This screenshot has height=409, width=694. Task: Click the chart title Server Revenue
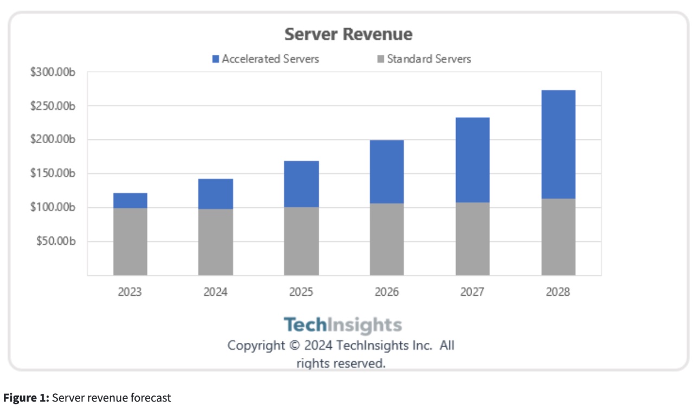pos(348,34)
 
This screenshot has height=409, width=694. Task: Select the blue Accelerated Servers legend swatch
pos(216,59)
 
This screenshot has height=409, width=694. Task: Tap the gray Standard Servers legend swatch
pos(381,59)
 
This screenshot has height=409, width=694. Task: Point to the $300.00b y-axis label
pos(56,72)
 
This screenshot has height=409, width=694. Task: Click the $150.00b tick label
pos(56,174)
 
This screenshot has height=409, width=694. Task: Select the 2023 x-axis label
pos(130,292)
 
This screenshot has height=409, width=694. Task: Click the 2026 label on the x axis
pos(387,292)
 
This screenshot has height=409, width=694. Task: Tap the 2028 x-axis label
pos(558,292)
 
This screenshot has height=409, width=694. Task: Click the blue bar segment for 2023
pos(130,201)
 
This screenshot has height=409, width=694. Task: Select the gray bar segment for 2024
pos(215,242)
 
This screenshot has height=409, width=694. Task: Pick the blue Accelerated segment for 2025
pos(301,184)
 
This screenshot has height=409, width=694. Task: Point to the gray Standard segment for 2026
pos(387,239)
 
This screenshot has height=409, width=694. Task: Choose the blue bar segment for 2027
pos(472,160)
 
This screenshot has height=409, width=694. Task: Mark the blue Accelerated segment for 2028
pos(558,144)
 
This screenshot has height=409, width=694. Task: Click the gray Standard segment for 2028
pos(558,237)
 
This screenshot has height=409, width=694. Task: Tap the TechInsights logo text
pos(343,325)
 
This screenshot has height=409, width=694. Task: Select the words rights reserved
pos(340,363)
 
